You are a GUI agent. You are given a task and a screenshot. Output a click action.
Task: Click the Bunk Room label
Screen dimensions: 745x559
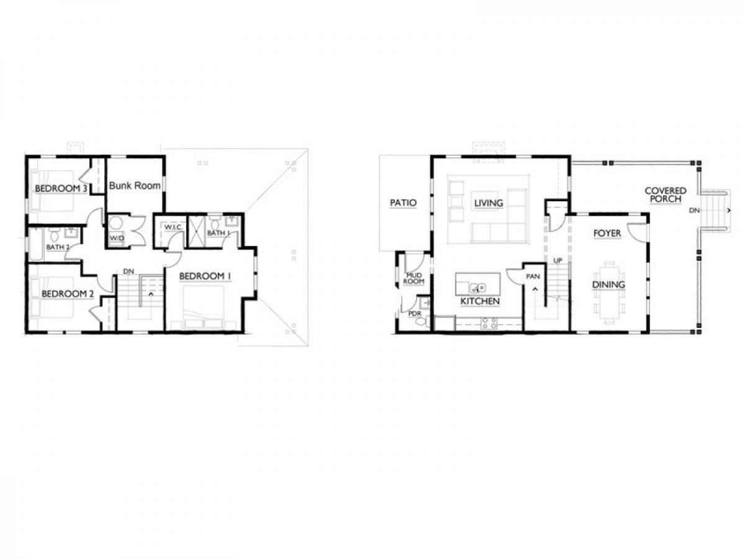coord(134,186)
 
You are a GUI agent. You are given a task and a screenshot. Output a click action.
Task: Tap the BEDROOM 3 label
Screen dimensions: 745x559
coord(61,188)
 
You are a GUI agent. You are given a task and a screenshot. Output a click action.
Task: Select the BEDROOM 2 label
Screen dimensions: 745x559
coord(68,294)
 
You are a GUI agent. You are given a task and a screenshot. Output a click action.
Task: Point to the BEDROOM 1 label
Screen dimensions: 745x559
coord(205,276)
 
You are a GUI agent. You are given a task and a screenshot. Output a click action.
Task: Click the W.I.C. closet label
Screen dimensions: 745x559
coord(173,227)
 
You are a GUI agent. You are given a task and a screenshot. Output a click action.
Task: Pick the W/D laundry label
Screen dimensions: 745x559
coord(117,238)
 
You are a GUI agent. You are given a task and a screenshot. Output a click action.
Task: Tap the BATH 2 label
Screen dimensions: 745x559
coord(58,247)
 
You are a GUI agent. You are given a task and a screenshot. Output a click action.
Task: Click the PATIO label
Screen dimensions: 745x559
coord(403,202)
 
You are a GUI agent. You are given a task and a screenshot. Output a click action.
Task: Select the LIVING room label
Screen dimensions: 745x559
coord(489,203)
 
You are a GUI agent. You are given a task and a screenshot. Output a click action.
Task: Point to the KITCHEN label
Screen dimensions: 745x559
coord(480,301)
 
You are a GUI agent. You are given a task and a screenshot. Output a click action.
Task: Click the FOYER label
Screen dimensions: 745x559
coord(607,233)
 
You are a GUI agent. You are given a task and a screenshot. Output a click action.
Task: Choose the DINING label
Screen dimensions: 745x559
coord(608,284)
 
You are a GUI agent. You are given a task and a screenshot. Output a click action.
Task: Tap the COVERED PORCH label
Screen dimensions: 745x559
coord(666,195)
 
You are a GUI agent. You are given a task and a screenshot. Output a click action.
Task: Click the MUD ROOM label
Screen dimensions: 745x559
coord(414,278)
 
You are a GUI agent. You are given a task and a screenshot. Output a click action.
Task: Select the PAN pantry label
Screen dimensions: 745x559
coord(533,276)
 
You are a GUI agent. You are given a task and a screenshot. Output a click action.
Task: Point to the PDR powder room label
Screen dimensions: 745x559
coord(415,314)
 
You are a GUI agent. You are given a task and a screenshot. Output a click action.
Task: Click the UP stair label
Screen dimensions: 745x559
coord(558,260)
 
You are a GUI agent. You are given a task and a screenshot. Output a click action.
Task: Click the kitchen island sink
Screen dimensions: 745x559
coord(478,288)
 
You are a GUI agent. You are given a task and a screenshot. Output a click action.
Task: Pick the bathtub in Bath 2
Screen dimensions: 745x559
coord(35,244)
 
